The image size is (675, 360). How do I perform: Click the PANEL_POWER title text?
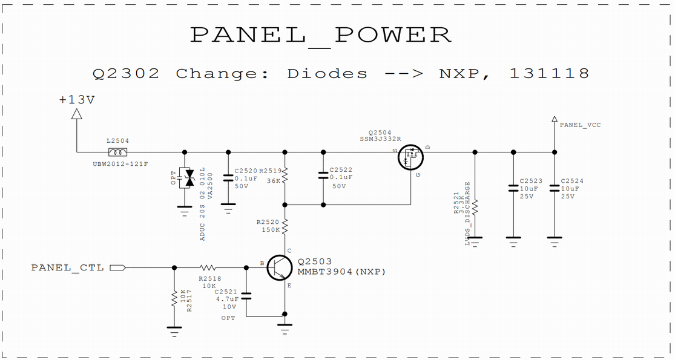pos(321,34)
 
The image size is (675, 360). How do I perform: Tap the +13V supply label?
pos(77,100)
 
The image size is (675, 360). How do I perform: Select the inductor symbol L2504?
pos(117,152)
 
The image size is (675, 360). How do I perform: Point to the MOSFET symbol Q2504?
pos(411,157)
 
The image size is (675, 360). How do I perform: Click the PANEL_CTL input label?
pos(67,267)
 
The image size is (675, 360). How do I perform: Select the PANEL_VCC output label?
pos(580,125)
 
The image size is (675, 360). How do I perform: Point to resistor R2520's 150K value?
pos(271,230)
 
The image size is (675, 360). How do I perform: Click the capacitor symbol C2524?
pos(553,188)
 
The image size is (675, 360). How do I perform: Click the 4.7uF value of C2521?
pos(229,299)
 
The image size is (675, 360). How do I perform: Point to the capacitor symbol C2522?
pos(323,176)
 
